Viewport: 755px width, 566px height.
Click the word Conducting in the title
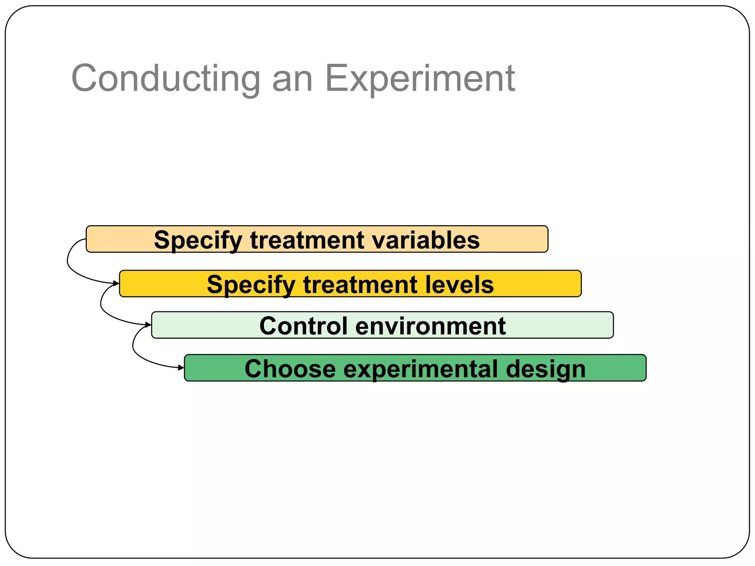[166, 78]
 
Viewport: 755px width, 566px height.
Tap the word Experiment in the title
[420, 78]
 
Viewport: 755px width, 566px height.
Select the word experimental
[420, 369]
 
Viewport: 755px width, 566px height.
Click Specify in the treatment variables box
[198, 241]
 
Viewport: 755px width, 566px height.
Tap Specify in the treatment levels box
[251, 285]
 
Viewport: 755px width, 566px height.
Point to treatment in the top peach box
[307, 240]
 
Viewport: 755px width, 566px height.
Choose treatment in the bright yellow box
[360, 284]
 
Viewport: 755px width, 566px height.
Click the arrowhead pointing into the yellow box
[116, 283]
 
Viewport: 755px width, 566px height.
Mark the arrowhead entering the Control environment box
[148, 325]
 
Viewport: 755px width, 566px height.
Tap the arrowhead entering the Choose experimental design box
[181, 367]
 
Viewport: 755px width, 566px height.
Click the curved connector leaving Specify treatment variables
[68, 262]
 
